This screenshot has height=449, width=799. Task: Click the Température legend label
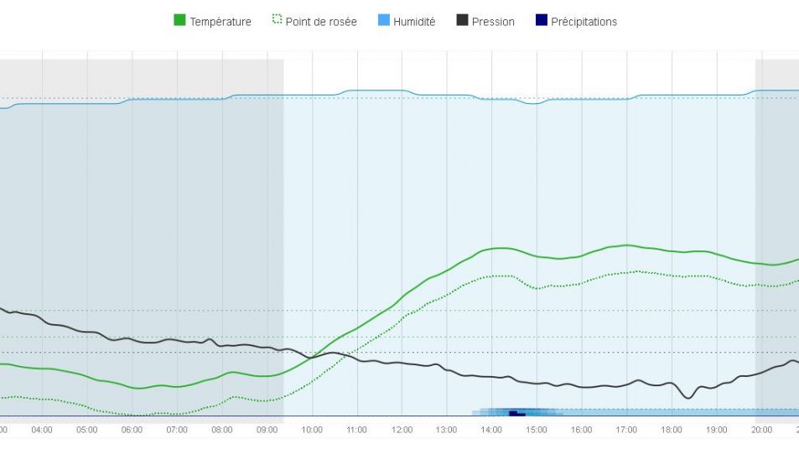(x=220, y=22)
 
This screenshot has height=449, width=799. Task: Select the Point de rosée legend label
(x=320, y=22)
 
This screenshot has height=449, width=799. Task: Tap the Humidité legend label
(x=414, y=22)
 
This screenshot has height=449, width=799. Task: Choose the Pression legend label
(x=493, y=22)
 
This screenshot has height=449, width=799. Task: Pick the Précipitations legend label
(x=584, y=22)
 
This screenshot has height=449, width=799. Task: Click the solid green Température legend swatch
(x=179, y=21)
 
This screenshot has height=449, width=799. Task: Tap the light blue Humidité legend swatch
(x=384, y=21)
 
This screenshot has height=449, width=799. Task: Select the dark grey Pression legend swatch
(x=462, y=21)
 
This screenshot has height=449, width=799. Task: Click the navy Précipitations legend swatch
(x=541, y=21)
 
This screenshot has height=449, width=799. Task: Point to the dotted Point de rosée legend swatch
(x=277, y=21)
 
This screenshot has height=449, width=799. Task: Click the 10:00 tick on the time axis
(x=312, y=430)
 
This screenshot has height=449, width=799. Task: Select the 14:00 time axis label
(x=491, y=430)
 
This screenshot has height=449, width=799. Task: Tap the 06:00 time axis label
(x=132, y=430)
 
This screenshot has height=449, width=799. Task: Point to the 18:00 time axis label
(x=672, y=430)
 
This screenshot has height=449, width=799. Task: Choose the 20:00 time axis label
(x=761, y=430)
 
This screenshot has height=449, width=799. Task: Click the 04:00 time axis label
(x=42, y=430)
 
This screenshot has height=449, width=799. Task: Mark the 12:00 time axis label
(x=402, y=430)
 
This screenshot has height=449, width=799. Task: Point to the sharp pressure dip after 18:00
(x=689, y=397)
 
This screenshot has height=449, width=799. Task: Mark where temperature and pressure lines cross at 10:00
(x=311, y=358)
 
